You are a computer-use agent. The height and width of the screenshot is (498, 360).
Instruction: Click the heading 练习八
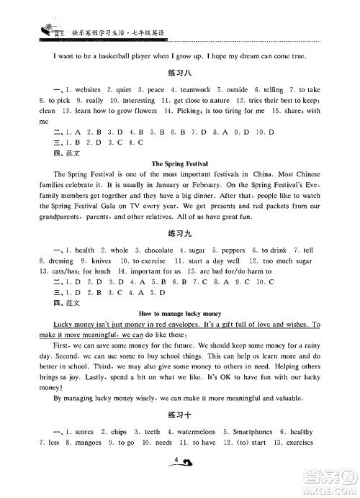(x=180, y=73)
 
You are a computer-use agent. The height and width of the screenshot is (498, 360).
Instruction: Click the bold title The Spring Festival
(x=180, y=164)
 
